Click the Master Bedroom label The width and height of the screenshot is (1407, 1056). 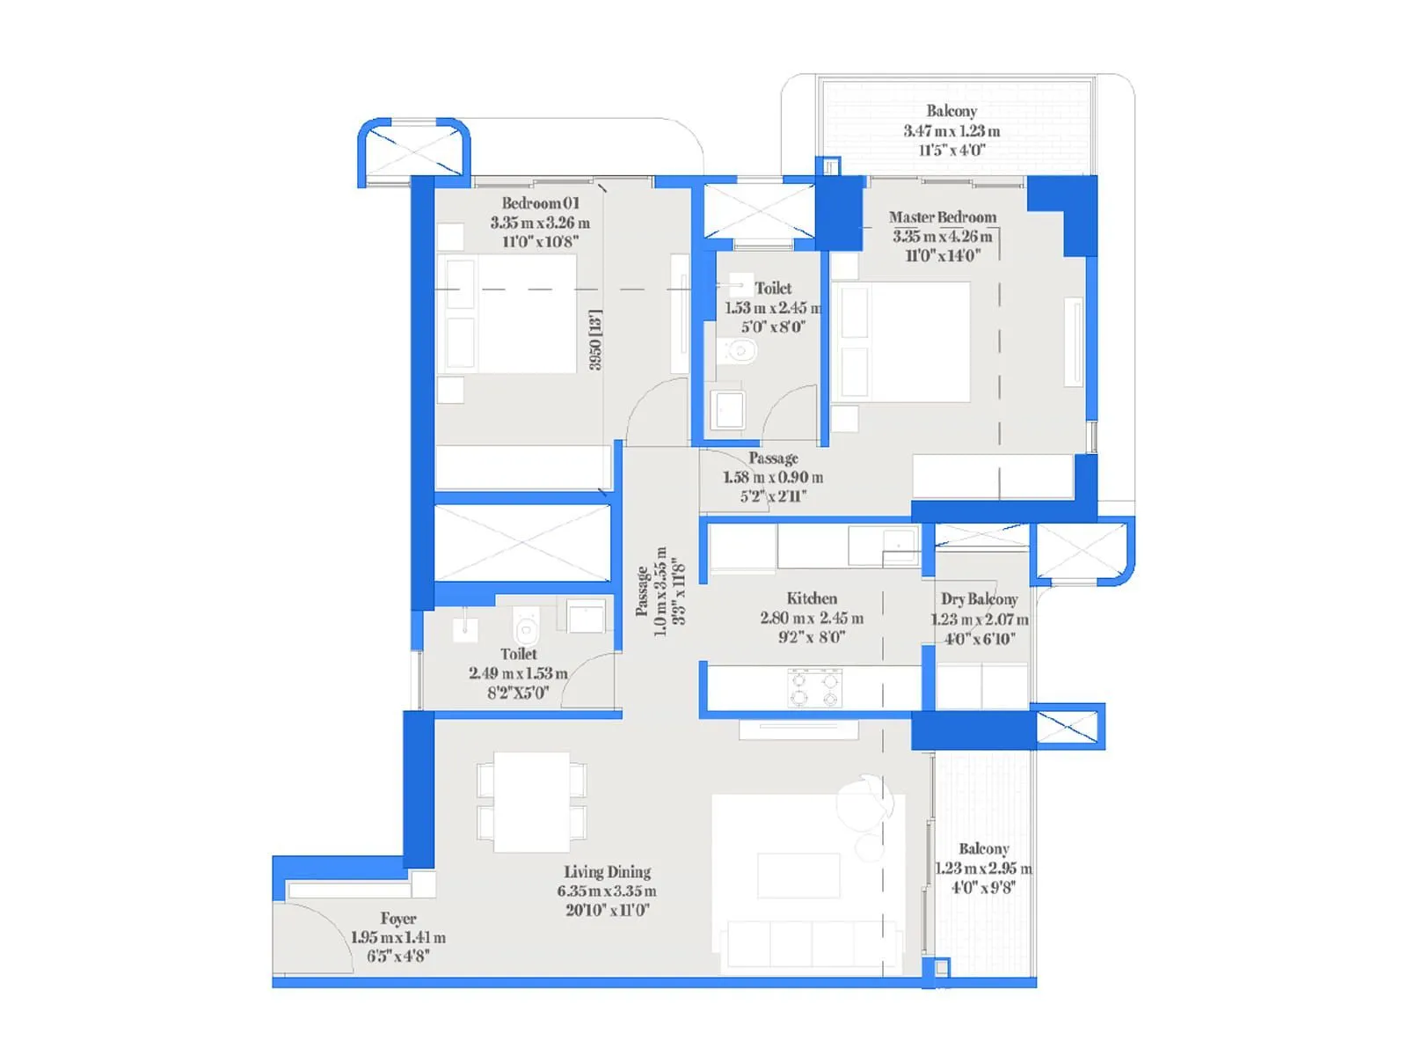click(x=942, y=217)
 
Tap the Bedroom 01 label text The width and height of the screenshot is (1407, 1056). click(x=540, y=203)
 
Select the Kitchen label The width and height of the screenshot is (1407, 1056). click(x=812, y=598)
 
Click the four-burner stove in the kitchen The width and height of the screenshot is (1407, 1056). click(x=814, y=688)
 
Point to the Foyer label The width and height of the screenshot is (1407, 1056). click(x=398, y=919)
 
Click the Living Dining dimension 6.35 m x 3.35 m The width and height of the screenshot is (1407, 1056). click(x=607, y=891)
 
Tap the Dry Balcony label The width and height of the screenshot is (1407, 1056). click(x=979, y=599)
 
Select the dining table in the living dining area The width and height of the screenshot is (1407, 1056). click(x=532, y=801)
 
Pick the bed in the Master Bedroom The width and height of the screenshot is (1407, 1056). click(x=901, y=341)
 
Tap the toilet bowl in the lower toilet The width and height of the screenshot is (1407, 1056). click(x=526, y=628)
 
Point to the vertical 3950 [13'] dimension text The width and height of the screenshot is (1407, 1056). click(x=595, y=340)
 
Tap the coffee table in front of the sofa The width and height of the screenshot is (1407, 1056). click(x=798, y=875)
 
